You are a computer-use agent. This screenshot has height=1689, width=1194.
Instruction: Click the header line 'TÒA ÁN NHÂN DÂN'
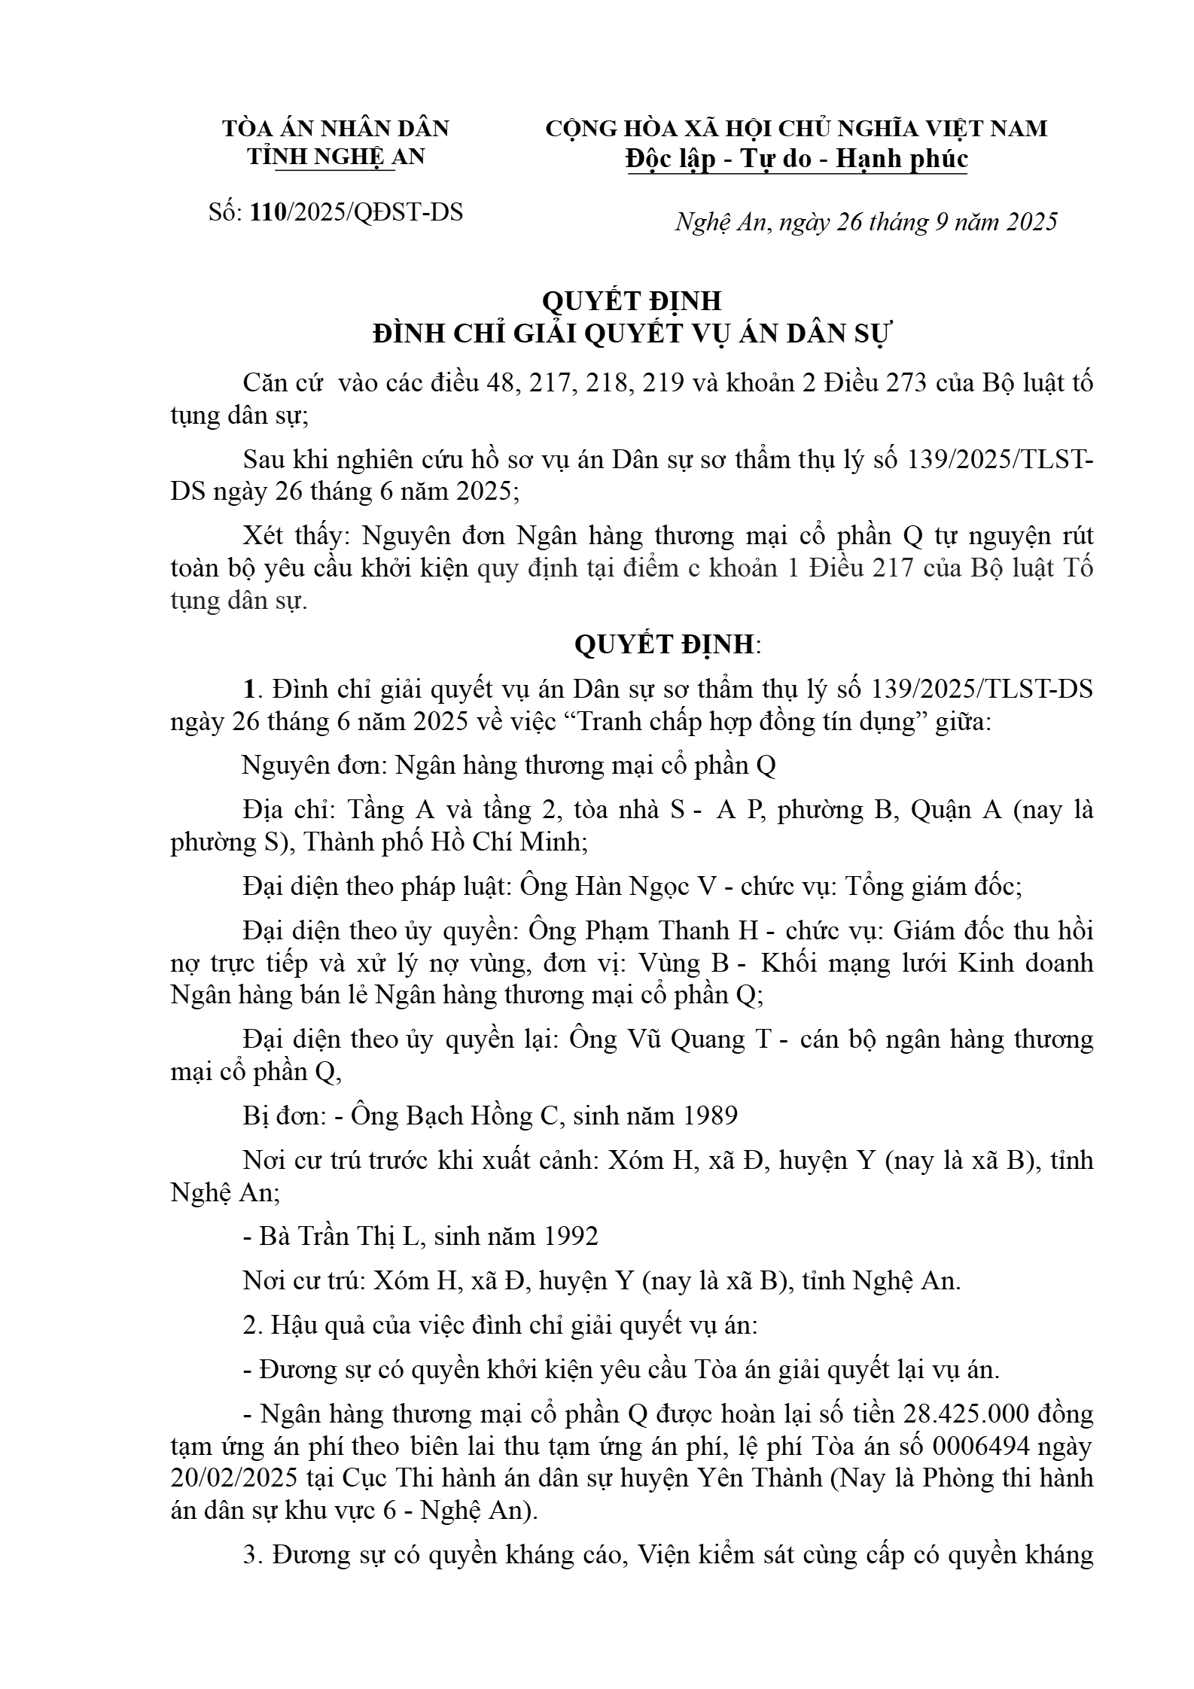(336, 128)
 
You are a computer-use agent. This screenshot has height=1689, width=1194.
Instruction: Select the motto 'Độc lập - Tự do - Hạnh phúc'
(797, 159)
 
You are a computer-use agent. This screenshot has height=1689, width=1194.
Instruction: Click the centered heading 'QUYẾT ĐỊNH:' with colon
(668, 644)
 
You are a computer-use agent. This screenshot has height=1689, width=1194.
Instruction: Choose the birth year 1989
(708, 1115)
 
